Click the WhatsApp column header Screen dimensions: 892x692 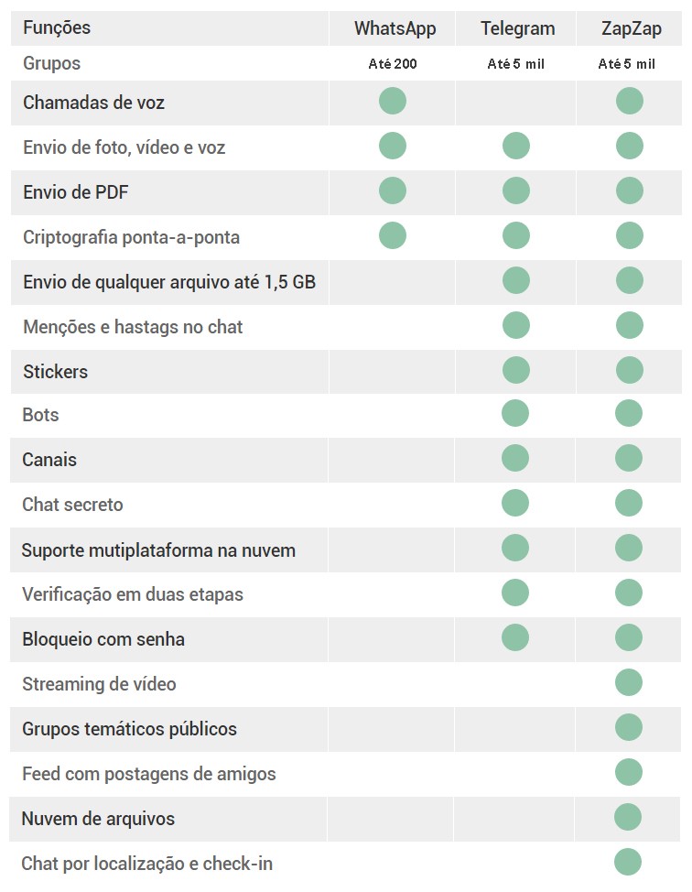[395, 28]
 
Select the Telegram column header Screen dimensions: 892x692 [517, 28]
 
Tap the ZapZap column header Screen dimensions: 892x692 [632, 28]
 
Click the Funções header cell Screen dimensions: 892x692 [57, 27]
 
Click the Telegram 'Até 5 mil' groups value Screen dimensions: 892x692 [516, 64]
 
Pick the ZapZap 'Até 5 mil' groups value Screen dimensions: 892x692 [627, 64]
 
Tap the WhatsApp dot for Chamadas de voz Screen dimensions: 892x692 [393, 101]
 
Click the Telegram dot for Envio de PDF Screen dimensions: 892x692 [516, 190]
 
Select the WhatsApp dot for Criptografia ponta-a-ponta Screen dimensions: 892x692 [393, 235]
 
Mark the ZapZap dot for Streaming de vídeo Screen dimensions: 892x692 [629, 682]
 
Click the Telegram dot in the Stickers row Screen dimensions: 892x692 [516, 370]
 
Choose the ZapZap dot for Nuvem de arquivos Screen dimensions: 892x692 [628, 817]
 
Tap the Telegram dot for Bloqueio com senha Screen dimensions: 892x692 [515, 637]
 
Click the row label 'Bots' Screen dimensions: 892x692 [40, 415]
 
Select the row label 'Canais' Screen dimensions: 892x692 [49, 460]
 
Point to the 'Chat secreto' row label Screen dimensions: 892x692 [72, 505]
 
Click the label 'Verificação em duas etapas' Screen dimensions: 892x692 [133, 594]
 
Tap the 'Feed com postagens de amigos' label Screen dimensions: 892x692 [148, 774]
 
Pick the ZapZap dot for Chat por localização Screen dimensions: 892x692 [628, 862]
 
